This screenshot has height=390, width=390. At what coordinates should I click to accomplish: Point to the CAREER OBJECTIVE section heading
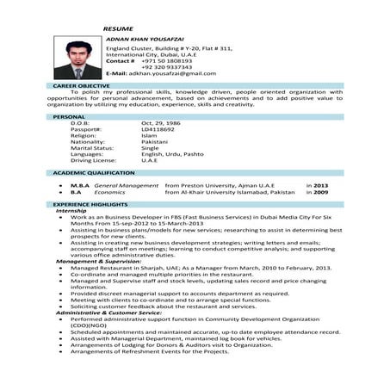click(x=82, y=87)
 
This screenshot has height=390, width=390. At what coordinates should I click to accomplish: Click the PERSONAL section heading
click(x=69, y=115)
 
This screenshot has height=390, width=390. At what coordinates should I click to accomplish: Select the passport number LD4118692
click(x=158, y=129)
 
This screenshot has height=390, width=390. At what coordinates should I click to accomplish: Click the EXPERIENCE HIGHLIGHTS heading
click(x=91, y=204)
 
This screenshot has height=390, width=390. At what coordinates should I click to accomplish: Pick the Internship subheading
click(x=71, y=210)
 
